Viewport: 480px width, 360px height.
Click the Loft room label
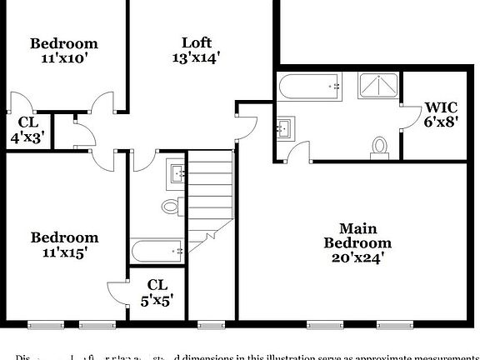pyautogui.click(x=197, y=42)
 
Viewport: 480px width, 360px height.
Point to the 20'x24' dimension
pyautogui.click(x=357, y=257)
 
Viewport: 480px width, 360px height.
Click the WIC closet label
pyautogui.click(x=440, y=107)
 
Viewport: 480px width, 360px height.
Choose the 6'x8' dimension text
pyautogui.click(x=440, y=121)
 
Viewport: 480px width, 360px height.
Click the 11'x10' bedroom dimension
pyautogui.click(x=64, y=58)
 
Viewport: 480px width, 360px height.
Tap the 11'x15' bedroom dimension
pyautogui.click(x=64, y=252)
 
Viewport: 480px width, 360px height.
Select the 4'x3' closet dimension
pyautogui.click(x=27, y=137)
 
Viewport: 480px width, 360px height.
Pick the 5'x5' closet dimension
pyautogui.click(x=157, y=299)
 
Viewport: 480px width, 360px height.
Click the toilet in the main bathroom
pyautogui.click(x=380, y=146)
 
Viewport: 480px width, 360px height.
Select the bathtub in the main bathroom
pyautogui.click(x=310, y=86)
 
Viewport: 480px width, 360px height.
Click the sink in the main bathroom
pyautogui.click(x=285, y=127)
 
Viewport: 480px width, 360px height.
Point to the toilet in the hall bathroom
pyautogui.click(x=172, y=205)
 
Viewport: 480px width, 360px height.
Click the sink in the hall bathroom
pyautogui.click(x=177, y=173)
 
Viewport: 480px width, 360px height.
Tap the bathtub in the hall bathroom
pyautogui.click(x=157, y=250)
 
